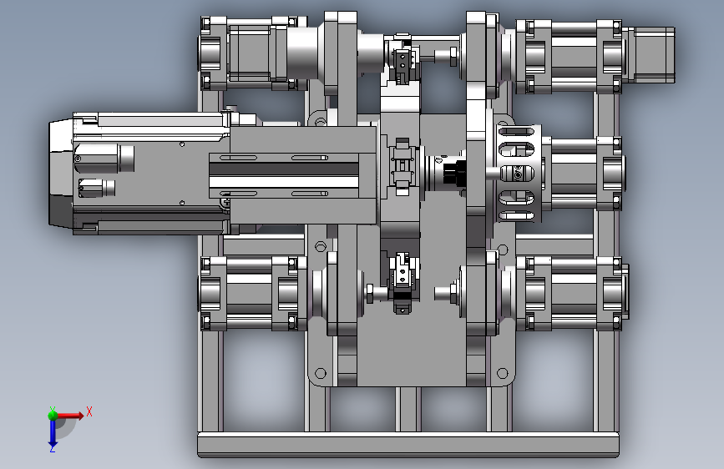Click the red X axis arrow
pyautogui.click(x=69, y=416)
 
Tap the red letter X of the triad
pyautogui.click(x=89, y=411)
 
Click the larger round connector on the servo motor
pyautogui.click(x=104, y=159)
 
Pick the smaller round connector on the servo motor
pyautogui.click(x=97, y=188)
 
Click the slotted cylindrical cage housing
pyautogui.click(x=519, y=173)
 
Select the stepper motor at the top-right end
pyautogui.click(x=649, y=55)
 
